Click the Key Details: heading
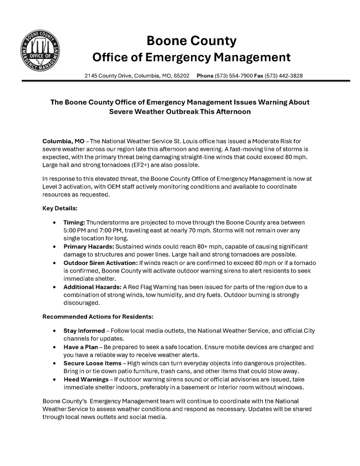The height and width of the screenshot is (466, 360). (x=60, y=209)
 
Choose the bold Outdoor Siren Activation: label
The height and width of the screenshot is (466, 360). (x=101, y=263)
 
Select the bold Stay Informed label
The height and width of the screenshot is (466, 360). (x=84, y=331)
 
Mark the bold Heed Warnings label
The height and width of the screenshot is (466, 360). (x=86, y=379)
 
